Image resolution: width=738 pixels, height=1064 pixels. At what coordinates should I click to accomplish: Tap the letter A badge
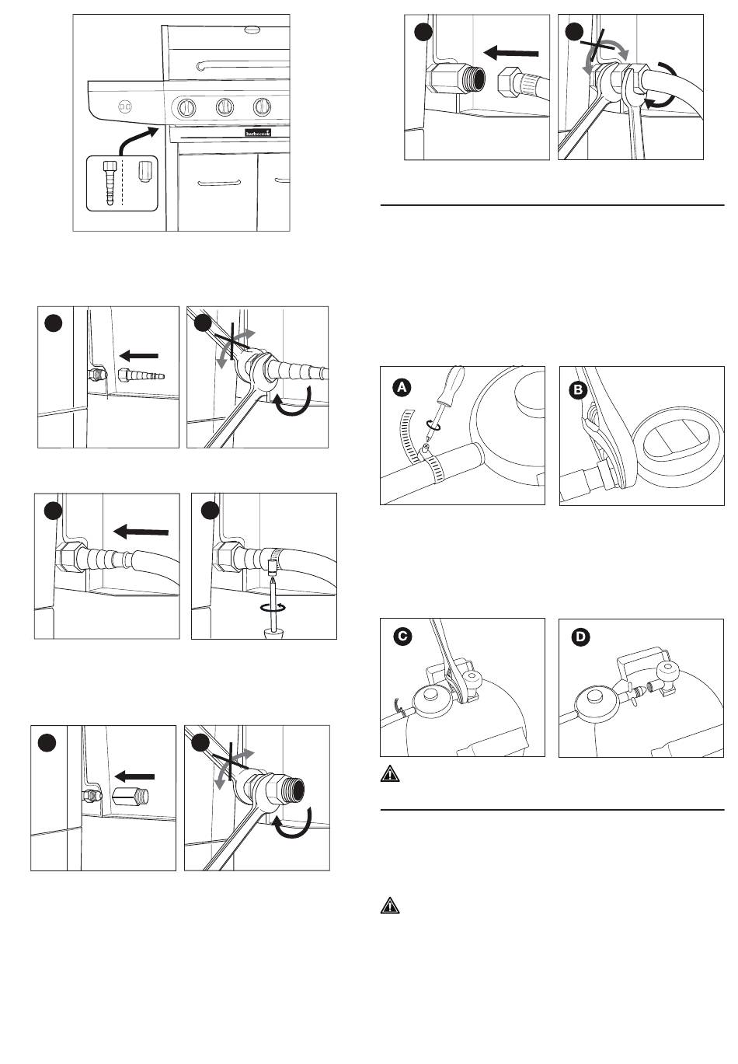click(402, 386)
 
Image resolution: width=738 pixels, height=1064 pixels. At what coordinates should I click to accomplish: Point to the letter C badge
click(402, 637)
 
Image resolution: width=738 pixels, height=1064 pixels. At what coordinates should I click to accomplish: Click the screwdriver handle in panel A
click(451, 387)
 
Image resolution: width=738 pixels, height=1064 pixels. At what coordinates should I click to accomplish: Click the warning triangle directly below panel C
click(388, 774)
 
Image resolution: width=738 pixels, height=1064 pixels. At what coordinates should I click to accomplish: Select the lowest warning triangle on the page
click(388, 905)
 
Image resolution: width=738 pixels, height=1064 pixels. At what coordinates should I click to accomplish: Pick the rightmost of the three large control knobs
click(263, 106)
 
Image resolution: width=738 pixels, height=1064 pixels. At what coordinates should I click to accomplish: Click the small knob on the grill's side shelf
click(125, 106)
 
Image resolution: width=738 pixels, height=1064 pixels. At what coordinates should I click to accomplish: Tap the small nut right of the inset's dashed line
click(143, 170)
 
